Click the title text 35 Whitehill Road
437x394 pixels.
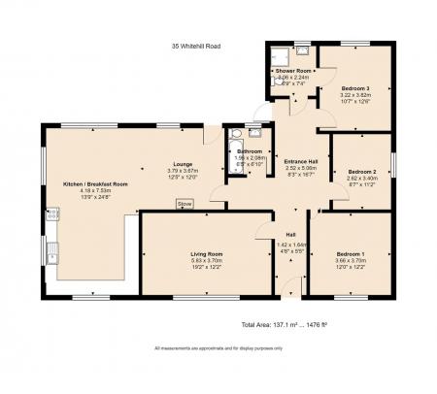(x=195, y=45)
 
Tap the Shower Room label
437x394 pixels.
(x=292, y=71)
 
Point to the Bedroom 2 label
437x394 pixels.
(x=360, y=172)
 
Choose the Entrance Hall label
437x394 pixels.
(x=300, y=161)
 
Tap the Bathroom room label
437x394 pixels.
(x=250, y=151)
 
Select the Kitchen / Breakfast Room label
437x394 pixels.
(x=95, y=184)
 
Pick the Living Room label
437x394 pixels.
(x=206, y=254)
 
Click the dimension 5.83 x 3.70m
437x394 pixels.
(x=206, y=260)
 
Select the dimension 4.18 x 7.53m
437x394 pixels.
(x=95, y=191)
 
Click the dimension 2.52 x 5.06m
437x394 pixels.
(x=300, y=167)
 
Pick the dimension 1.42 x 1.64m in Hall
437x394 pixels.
(x=290, y=244)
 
